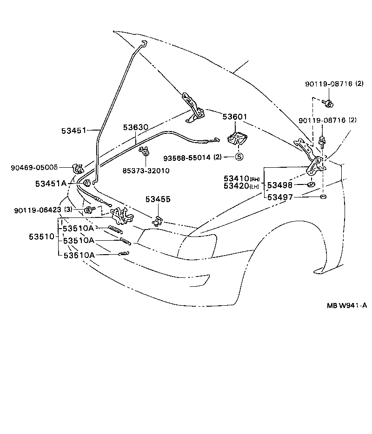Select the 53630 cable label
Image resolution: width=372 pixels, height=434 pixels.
[135, 127]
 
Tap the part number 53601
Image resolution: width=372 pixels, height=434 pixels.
[235, 117]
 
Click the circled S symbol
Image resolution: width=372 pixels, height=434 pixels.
[239, 157]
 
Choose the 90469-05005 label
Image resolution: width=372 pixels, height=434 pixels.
[34, 167]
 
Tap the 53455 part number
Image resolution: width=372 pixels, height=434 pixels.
[158, 199]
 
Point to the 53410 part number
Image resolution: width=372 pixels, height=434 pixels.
[236, 178]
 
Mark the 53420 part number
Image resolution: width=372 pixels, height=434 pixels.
[236, 186]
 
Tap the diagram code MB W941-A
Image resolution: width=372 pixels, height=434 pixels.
[346, 305]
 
